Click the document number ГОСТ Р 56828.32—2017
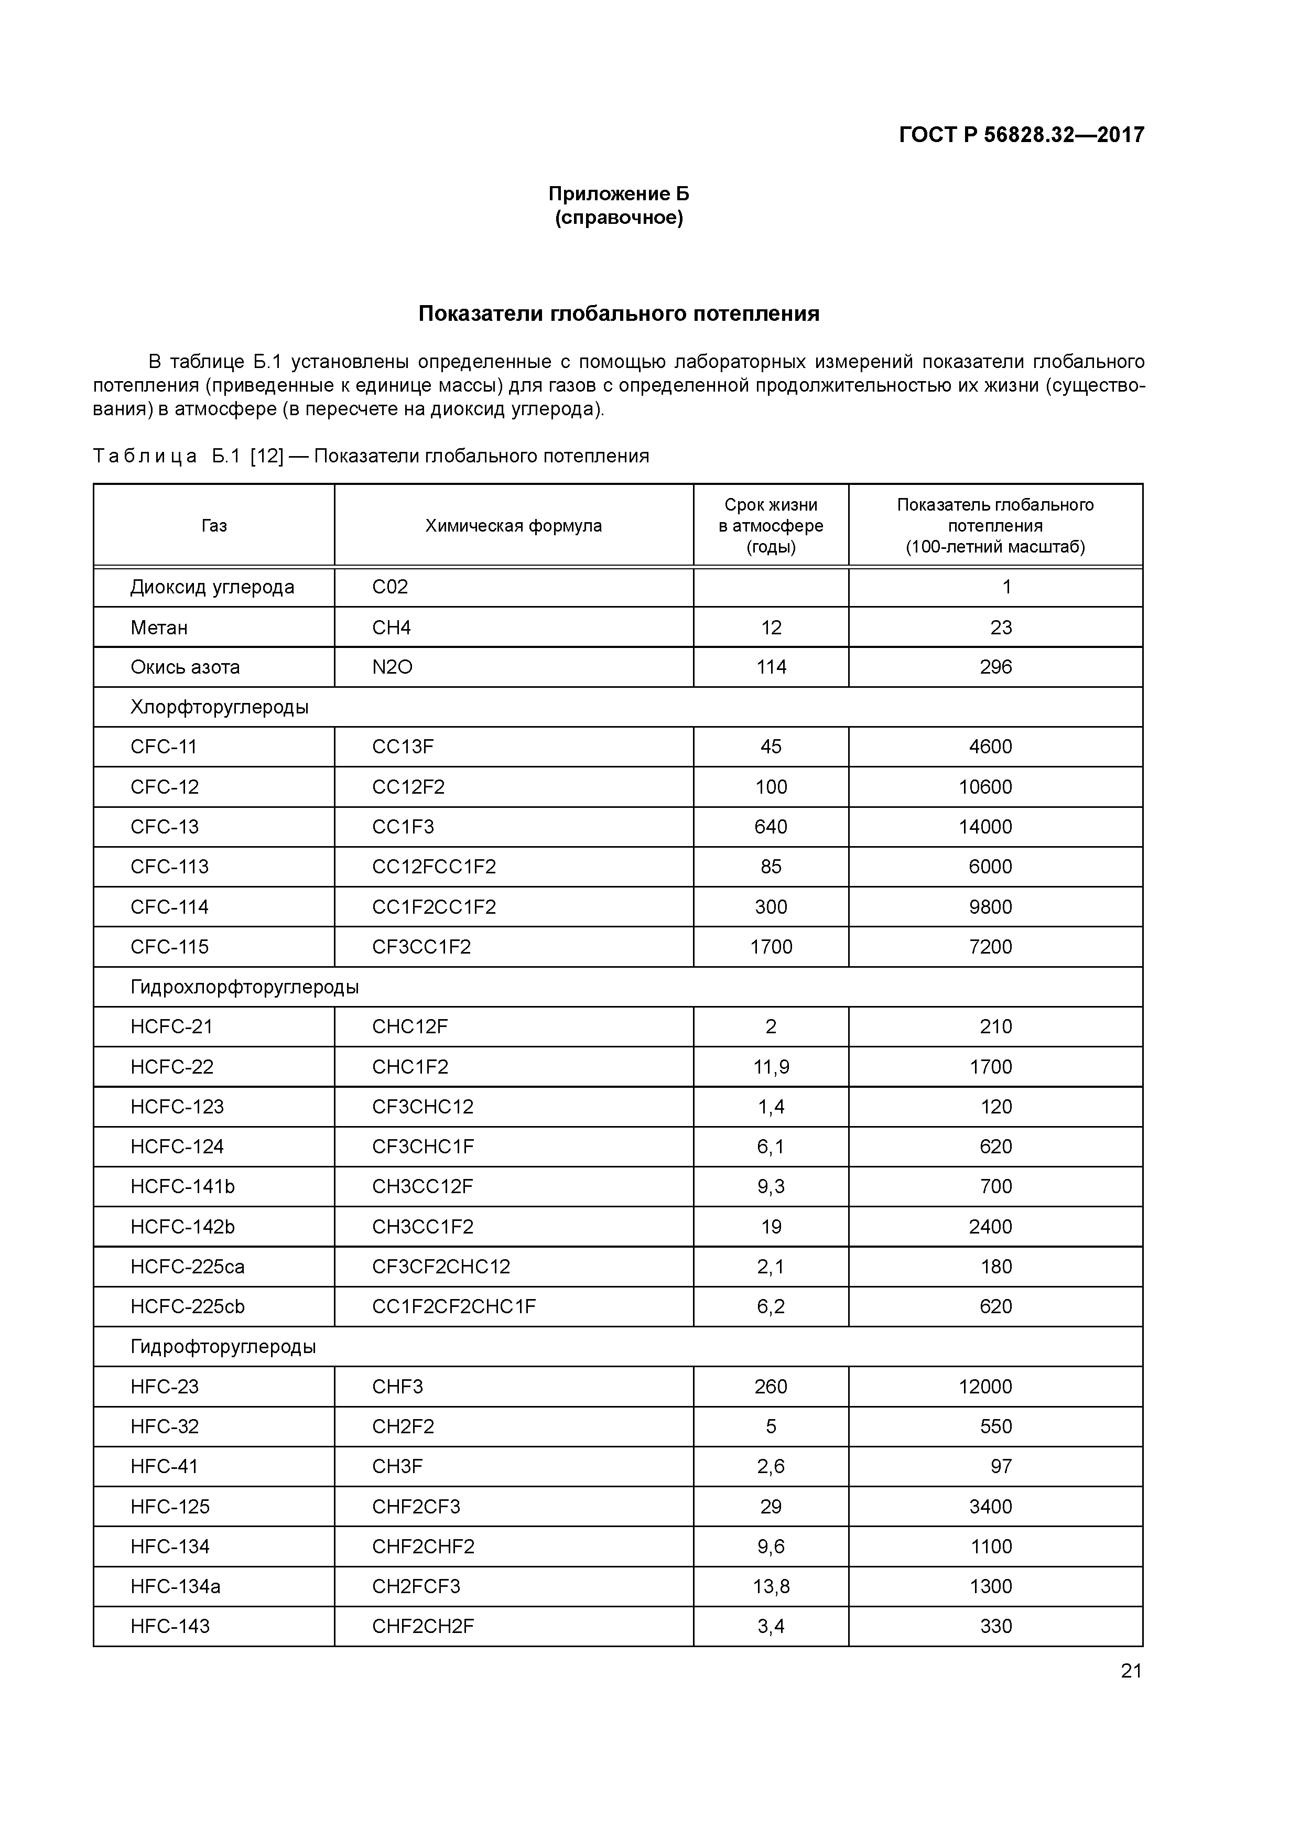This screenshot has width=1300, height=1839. coord(1021,135)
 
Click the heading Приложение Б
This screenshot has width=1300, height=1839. coord(619,194)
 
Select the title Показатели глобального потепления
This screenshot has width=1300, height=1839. coord(619,313)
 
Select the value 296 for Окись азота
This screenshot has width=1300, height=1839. coord(995,667)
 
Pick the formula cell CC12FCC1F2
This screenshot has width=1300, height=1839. coord(434,867)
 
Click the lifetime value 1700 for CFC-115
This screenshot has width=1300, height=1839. coord(771,947)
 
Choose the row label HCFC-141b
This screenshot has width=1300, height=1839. coord(182,1186)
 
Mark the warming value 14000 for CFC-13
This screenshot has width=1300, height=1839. coord(985,827)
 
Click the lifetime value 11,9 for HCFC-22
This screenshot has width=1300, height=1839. coord(771,1067)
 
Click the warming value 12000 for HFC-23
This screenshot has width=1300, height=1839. coord(985,1387)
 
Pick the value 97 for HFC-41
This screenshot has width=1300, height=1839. coord(1001,1467)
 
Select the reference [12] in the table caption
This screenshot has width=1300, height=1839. coord(267,457)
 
